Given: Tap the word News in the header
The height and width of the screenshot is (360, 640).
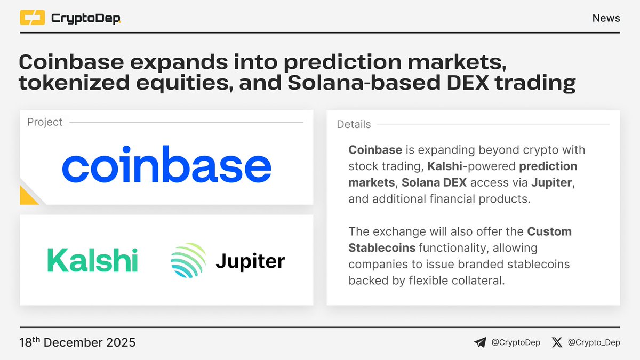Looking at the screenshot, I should click(x=606, y=18).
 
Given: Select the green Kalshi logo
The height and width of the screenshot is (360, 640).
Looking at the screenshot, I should click(x=92, y=260).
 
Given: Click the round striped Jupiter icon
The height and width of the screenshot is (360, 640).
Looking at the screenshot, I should click(x=188, y=260).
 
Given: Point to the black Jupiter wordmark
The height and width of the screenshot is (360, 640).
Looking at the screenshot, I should click(x=250, y=261).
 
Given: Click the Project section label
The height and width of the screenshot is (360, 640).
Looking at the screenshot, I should click(x=45, y=122).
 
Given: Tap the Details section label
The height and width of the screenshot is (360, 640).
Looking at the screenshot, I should click(x=354, y=124).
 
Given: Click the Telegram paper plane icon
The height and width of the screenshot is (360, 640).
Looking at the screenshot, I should click(x=480, y=342).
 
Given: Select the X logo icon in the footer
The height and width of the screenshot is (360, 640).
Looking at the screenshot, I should click(x=557, y=342).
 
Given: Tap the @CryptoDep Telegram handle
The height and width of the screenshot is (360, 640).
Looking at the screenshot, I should click(x=515, y=342).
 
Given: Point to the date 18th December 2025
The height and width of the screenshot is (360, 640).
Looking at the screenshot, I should click(x=77, y=342).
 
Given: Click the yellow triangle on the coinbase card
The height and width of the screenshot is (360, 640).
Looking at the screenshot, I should click(x=27, y=197).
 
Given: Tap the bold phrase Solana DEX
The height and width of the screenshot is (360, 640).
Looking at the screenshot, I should click(x=434, y=183).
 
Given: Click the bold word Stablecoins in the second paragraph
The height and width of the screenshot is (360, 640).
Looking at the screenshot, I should click(x=382, y=248).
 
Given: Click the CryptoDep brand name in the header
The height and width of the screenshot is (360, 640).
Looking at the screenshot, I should click(x=85, y=19).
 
